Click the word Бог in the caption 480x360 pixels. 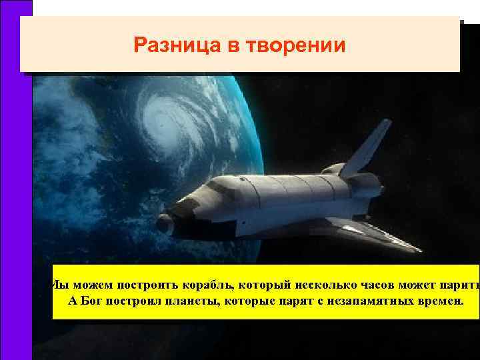pyautogui.click(x=106, y=301)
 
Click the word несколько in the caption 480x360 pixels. pyautogui.click(x=321, y=286)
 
